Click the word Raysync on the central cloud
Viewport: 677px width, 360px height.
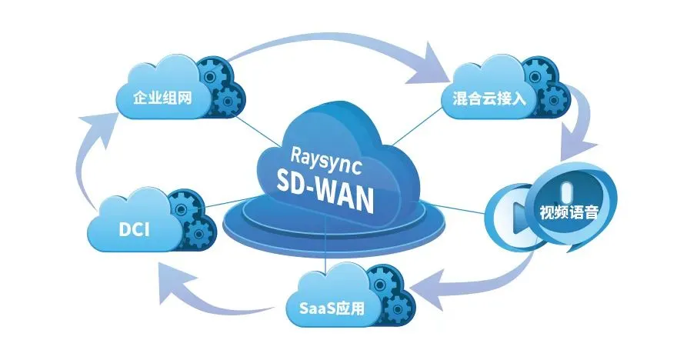coord(322,153)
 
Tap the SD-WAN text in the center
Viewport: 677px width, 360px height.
coord(325,185)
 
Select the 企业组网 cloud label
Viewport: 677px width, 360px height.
coord(162,98)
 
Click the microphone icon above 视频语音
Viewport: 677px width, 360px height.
coord(568,189)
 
